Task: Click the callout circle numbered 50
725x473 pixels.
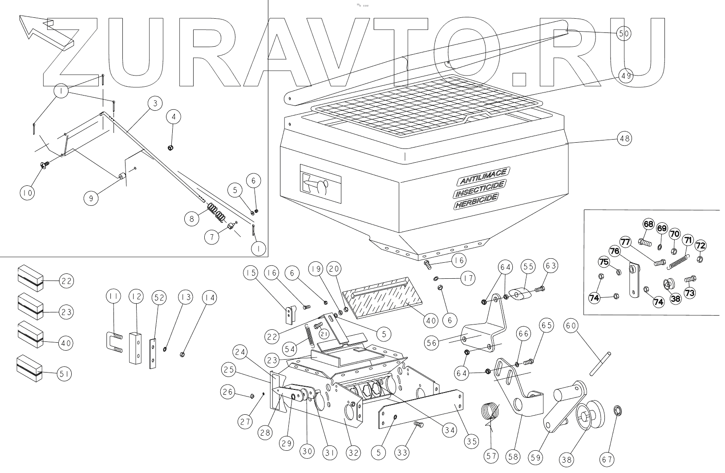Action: tap(624, 33)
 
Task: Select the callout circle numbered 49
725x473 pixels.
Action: tap(626, 76)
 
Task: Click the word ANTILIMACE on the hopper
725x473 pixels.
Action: tap(483, 176)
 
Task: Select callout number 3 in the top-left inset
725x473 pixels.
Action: tap(154, 104)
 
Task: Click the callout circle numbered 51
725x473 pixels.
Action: tap(64, 374)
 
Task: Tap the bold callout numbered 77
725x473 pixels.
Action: tap(625, 242)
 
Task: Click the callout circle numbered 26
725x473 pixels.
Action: tap(228, 392)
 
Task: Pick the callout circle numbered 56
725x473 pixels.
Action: tap(432, 343)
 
